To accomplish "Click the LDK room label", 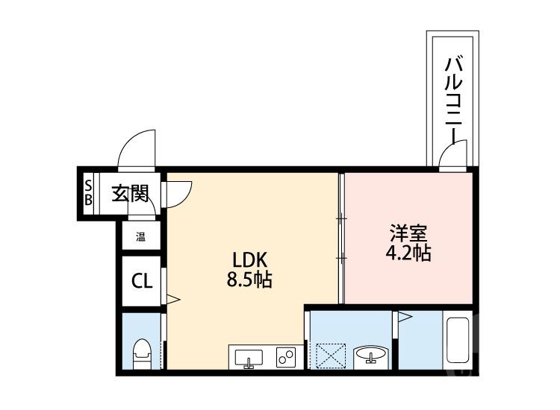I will point(250,260).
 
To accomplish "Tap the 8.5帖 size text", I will point(250,281).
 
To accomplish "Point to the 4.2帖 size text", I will point(408,253).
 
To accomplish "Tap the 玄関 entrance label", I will point(130,195).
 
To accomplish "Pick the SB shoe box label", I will point(87,193).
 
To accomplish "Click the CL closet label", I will point(142,281).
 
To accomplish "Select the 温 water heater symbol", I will point(140,239).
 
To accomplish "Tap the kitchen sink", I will point(249,358).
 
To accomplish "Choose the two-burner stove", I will point(284,357).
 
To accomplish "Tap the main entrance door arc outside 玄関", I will point(137,149).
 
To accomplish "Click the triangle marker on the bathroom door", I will point(404,318).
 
